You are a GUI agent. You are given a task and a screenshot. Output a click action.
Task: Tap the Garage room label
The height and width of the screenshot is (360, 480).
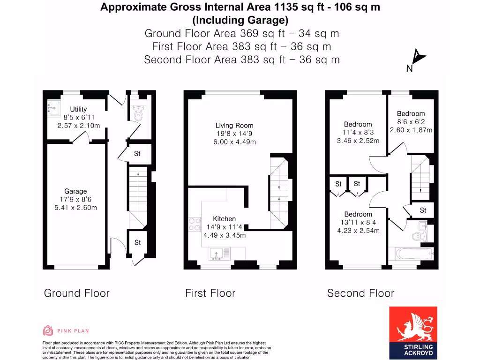pos(75,191)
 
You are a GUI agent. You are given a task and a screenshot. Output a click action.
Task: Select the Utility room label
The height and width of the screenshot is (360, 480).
pos(78,109)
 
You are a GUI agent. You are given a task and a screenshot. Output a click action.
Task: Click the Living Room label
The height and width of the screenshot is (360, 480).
pos(234,125)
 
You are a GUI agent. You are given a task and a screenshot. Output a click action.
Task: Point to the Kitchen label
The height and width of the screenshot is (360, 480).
pos(225,219)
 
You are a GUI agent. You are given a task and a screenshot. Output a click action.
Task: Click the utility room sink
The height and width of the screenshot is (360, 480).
pos(52,109)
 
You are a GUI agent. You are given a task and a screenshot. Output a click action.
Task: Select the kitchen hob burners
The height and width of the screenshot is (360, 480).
pos(193,225)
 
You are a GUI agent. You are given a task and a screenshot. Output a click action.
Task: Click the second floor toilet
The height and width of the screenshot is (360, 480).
pos(418,235)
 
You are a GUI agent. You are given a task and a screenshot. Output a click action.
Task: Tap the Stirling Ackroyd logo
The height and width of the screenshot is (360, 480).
pos(413,332)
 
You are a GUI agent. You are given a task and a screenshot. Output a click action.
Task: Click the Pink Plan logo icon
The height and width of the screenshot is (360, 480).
pos(48,330)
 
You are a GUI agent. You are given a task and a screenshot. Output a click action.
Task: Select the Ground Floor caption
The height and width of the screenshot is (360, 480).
pos(76,293)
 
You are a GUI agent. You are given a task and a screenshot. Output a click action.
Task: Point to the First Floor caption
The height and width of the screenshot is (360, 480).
pos(210,293)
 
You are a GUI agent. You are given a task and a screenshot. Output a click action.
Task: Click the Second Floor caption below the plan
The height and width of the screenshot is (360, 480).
pos(360,293)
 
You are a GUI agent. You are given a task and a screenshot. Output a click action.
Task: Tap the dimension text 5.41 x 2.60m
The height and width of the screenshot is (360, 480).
pos(75,208)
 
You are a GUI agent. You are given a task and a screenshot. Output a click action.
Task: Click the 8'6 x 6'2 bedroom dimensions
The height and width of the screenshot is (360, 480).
pos(411,122)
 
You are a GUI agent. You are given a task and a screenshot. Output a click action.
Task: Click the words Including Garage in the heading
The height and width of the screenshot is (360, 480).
pos(240,20)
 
